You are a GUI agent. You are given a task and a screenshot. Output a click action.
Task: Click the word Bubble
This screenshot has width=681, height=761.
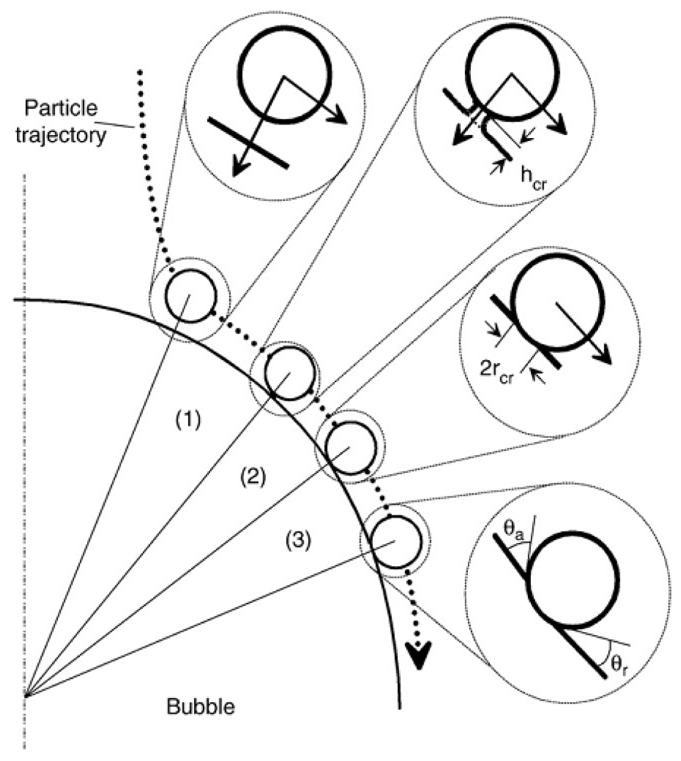coord(200,706)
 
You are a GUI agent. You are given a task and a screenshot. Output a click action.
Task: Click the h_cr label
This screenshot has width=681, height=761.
coord(533,176)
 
